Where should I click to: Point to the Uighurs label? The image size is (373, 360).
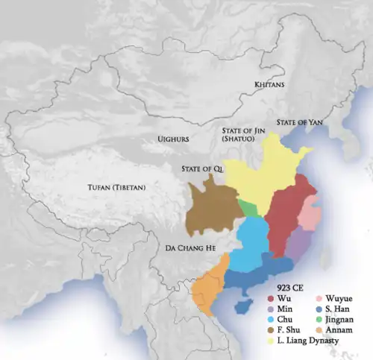(173, 139)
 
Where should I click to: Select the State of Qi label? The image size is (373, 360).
(202, 169)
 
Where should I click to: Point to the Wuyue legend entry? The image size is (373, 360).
(340, 298)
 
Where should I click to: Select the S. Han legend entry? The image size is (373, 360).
(339, 309)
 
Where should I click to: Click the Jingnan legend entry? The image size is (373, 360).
(342, 319)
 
